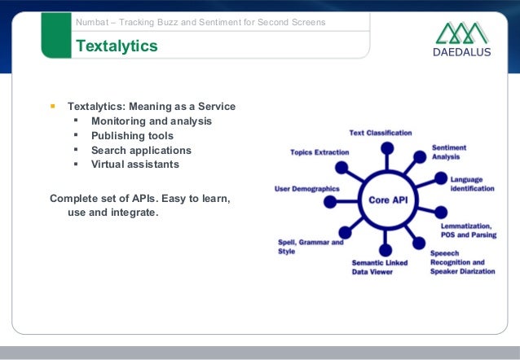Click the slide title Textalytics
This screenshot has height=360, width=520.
coord(117,47)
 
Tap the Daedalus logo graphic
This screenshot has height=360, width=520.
coord(462,33)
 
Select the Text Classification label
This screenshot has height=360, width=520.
coord(381,132)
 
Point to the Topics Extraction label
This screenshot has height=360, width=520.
coord(319,152)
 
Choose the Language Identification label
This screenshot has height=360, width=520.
coord(472,184)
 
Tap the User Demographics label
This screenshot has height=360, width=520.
coord(306,188)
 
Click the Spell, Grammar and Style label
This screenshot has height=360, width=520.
coord(311,247)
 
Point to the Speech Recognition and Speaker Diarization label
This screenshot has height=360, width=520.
coord(462,262)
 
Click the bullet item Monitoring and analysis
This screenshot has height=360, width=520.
coord(152,121)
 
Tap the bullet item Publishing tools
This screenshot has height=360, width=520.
coord(132,135)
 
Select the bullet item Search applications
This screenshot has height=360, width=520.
coord(141,150)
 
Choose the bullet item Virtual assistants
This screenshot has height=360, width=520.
coord(135,164)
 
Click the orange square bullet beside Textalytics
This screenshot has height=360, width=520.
coord(53,106)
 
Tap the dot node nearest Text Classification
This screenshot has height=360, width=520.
coord(388,147)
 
